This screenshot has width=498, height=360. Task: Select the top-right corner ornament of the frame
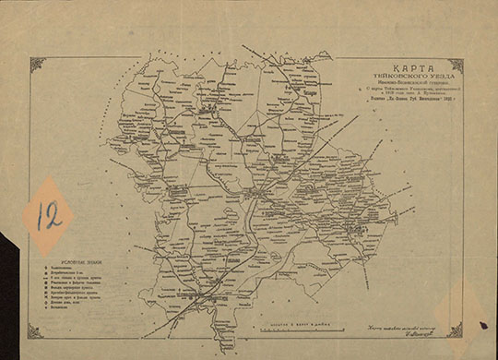[x=455, y=66]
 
